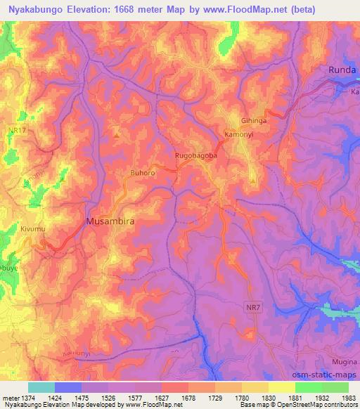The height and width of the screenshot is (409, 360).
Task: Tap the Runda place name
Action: pyautogui.click(x=344, y=70)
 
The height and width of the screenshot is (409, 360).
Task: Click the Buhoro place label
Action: pyautogui.click(x=143, y=171)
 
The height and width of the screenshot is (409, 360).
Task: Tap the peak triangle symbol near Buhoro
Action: pyautogui.click(x=117, y=131)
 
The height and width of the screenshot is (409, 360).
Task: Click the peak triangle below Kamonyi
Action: pyautogui.click(x=252, y=181)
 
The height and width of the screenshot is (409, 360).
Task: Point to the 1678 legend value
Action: pyautogui.click(x=188, y=397)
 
